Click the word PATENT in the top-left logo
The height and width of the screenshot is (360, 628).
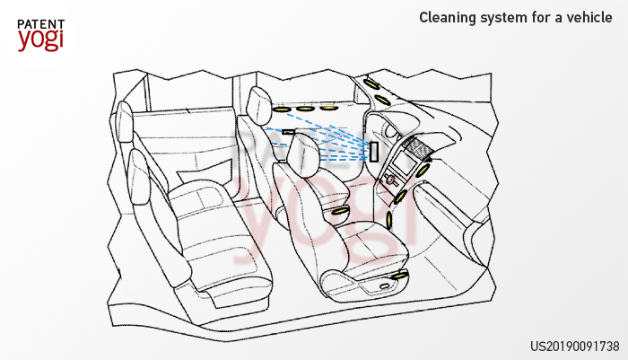(x=40, y=24)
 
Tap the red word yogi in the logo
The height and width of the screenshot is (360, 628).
(x=40, y=40)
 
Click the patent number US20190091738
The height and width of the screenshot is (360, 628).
(x=575, y=346)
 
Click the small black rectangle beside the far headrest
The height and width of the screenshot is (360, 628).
(x=288, y=131)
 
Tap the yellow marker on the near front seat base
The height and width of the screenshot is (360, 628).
(x=399, y=276)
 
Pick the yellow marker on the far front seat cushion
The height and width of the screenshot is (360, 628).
(x=341, y=211)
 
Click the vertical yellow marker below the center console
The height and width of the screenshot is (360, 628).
(x=389, y=221)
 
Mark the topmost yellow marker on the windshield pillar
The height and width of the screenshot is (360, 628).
(x=371, y=84)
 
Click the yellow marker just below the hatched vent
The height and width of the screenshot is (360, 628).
(x=423, y=171)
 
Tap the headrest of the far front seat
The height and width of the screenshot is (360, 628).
(x=258, y=105)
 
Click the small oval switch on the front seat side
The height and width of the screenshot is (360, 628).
(x=384, y=286)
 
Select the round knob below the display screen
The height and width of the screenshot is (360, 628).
(x=388, y=180)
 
